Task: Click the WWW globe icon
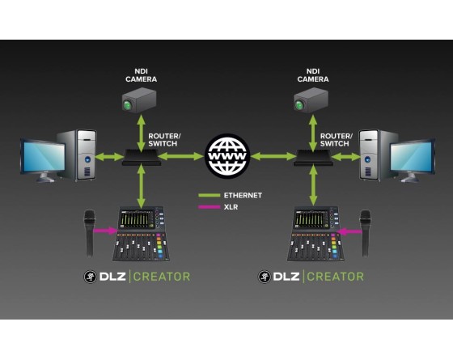click(x=227, y=155)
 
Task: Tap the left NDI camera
click(x=139, y=100)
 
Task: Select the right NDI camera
click(x=311, y=100)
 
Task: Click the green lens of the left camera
click(x=127, y=105)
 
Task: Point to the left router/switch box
click(x=142, y=158)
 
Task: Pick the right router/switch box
click(x=313, y=158)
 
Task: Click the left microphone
click(x=89, y=234)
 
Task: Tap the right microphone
click(x=365, y=234)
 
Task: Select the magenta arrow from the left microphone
click(x=106, y=231)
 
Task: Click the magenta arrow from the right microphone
click(x=349, y=231)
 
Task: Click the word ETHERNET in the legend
click(x=243, y=195)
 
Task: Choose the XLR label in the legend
click(x=231, y=207)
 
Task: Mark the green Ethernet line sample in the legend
click(x=210, y=195)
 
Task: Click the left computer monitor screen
click(x=44, y=156)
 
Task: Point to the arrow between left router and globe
click(x=181, y=157)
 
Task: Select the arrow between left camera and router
click(x=141, y=133)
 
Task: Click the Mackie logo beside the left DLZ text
click(x=90, y=277)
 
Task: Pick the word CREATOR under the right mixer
click(x=335, y=277)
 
